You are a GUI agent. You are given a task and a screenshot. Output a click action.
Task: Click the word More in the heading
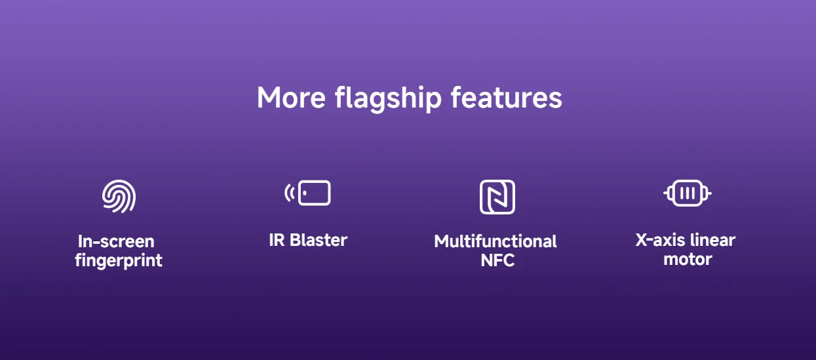click(x=291, y=98)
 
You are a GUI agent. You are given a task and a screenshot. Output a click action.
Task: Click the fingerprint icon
click(x=119, y=196)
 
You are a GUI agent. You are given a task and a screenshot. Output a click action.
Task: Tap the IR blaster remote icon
click(x=314, y=193)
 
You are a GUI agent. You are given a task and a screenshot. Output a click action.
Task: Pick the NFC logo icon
click(x=497, y=197)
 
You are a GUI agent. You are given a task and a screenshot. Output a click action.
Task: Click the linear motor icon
click(x=687, y=193)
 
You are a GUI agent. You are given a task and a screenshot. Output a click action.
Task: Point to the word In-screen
click(x=116, y=241)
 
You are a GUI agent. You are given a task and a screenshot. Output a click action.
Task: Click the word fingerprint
click(x=119, y=261)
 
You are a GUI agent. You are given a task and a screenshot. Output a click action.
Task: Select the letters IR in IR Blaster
click(x=277, y=240)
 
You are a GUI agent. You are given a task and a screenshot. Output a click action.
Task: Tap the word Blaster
click(x=319, y=240)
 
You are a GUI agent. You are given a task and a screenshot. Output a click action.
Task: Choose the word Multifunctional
click(x=495, y=241)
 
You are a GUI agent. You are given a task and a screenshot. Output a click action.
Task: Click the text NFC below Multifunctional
click(x=497, y=260)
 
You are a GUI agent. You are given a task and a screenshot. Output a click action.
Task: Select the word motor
click(x=688, y=259)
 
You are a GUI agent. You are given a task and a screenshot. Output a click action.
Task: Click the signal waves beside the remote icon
click(x=288, y=193)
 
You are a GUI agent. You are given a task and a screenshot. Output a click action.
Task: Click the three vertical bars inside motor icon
click(x=687, y=193)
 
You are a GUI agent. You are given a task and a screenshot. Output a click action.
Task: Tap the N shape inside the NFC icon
click(x=497, y=197)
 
